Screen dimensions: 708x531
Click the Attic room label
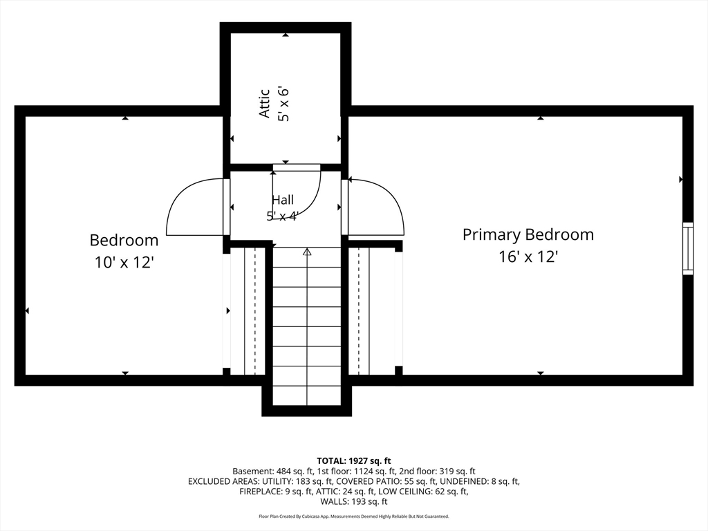click(x=265, y=104)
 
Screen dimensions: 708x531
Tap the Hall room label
click(x=283, y=200)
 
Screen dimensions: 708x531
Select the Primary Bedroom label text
click(x=528, y=235)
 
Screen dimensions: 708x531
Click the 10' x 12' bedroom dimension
click(x=124, y=262)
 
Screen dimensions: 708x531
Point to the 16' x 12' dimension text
click(x=528, y=257)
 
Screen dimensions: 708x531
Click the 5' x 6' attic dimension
click(x=283, y=104)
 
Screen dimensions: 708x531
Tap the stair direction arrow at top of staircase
click(x=307, y=252)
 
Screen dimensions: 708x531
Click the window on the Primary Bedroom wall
click(x=687, y=248)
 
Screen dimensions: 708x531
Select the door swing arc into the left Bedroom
click(x=180, y=194)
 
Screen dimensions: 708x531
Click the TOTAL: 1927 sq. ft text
click(x=353, y=461)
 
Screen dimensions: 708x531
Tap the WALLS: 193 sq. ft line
click(x=354, y=501)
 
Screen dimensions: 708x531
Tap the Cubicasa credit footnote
click(x=354, y=516)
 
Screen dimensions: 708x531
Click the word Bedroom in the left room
click(x=124, y=240)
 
